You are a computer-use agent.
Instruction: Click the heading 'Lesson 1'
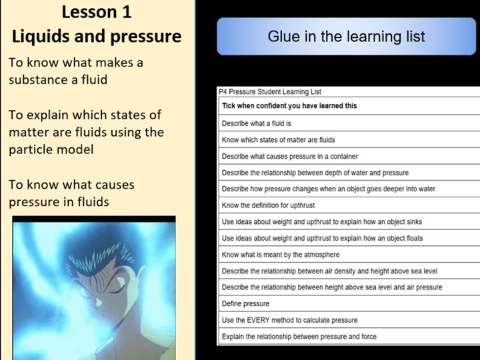97,12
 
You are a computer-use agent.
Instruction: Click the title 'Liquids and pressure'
97,36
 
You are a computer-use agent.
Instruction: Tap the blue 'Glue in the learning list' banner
346,37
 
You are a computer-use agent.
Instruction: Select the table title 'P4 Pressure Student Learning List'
270,92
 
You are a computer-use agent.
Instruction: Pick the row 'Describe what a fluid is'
257,123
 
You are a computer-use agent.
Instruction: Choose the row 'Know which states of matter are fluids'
278,140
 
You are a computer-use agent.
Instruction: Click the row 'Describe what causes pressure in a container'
289,157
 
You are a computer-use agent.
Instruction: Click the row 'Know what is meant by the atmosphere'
280,255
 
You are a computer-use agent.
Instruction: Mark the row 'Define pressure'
245,304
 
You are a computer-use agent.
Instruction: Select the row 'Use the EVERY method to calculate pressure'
289,320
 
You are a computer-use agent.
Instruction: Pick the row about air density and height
329,271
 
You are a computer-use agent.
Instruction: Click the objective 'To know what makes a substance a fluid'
76,71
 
